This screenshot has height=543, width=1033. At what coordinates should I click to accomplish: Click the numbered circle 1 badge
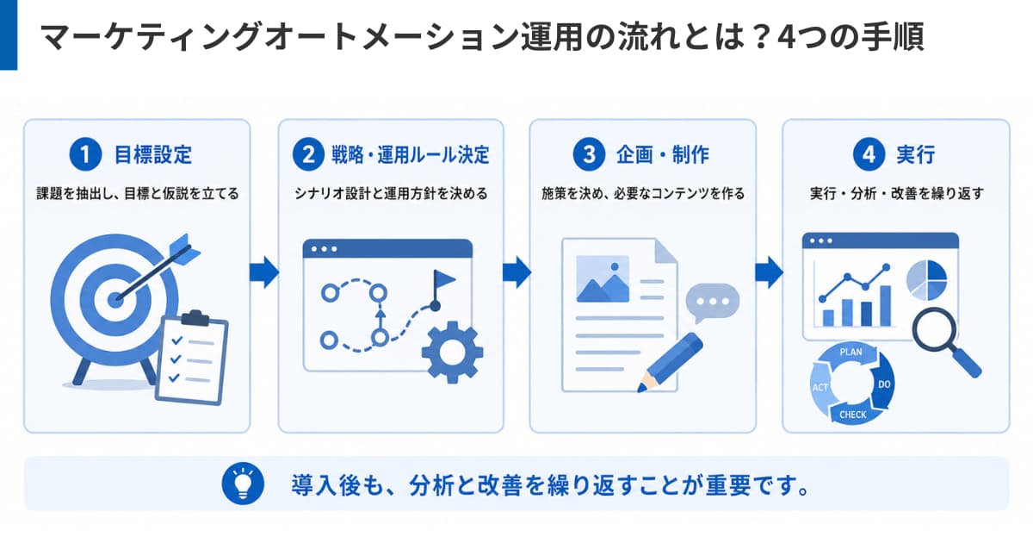click(85, 154)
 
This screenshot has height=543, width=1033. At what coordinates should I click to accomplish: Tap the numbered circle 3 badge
click(589, 154)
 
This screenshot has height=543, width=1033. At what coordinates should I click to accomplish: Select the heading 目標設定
click(153, 154)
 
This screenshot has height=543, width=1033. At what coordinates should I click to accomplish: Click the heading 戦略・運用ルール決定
click(411, 154)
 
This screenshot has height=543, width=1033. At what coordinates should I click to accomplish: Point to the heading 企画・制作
click(663, 154)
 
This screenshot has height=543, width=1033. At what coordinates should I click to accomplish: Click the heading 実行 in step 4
click(916, 154)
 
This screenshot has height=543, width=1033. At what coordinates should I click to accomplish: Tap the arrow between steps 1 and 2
click(264, 272)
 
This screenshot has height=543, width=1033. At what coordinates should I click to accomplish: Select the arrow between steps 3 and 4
click(770, 272)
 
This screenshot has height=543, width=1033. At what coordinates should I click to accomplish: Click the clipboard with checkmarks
click(192, 359)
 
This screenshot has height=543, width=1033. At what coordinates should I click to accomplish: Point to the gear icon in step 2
click(453, 353)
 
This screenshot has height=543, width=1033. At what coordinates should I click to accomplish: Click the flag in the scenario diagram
click(442, 289)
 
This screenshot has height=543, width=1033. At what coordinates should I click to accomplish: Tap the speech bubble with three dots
click(713, 303)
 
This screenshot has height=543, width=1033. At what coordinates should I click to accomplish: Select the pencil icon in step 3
click(670, 363)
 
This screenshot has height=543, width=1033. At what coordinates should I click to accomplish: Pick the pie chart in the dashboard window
click(926, 280)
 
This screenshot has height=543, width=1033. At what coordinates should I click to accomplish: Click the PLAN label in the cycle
click(851, 353)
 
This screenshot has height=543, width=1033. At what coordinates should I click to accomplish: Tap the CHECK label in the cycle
click(853, 415)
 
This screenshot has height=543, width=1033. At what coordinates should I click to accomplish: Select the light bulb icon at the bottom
click(243, 484)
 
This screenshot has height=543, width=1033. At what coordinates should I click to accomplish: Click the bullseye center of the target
click(115, 300)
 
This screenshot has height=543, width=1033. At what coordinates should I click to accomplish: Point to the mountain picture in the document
click(603, 279)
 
